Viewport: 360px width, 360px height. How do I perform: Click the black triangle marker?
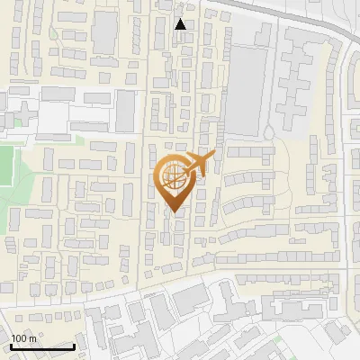[x=181, y=24]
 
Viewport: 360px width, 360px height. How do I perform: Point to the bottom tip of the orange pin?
[x=173, y=211]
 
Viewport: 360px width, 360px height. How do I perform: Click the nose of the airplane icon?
[x=215, y=156]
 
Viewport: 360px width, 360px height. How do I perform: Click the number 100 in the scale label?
[x=20, y=338]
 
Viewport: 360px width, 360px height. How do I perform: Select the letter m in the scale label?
[x=32, y=338]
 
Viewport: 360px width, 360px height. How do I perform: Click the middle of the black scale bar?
[x=42, y=346]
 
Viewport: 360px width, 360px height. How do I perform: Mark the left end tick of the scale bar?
[x=12, y=346]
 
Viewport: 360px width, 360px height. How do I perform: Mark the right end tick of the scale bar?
[x=74, y=346]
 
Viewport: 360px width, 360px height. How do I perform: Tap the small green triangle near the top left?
[x=54, y=35]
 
